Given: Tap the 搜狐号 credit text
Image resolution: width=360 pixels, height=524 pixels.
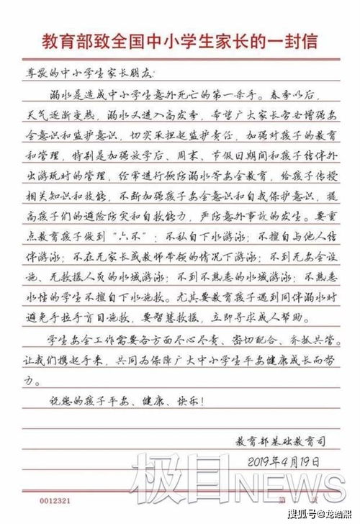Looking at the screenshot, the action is [302, 514].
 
